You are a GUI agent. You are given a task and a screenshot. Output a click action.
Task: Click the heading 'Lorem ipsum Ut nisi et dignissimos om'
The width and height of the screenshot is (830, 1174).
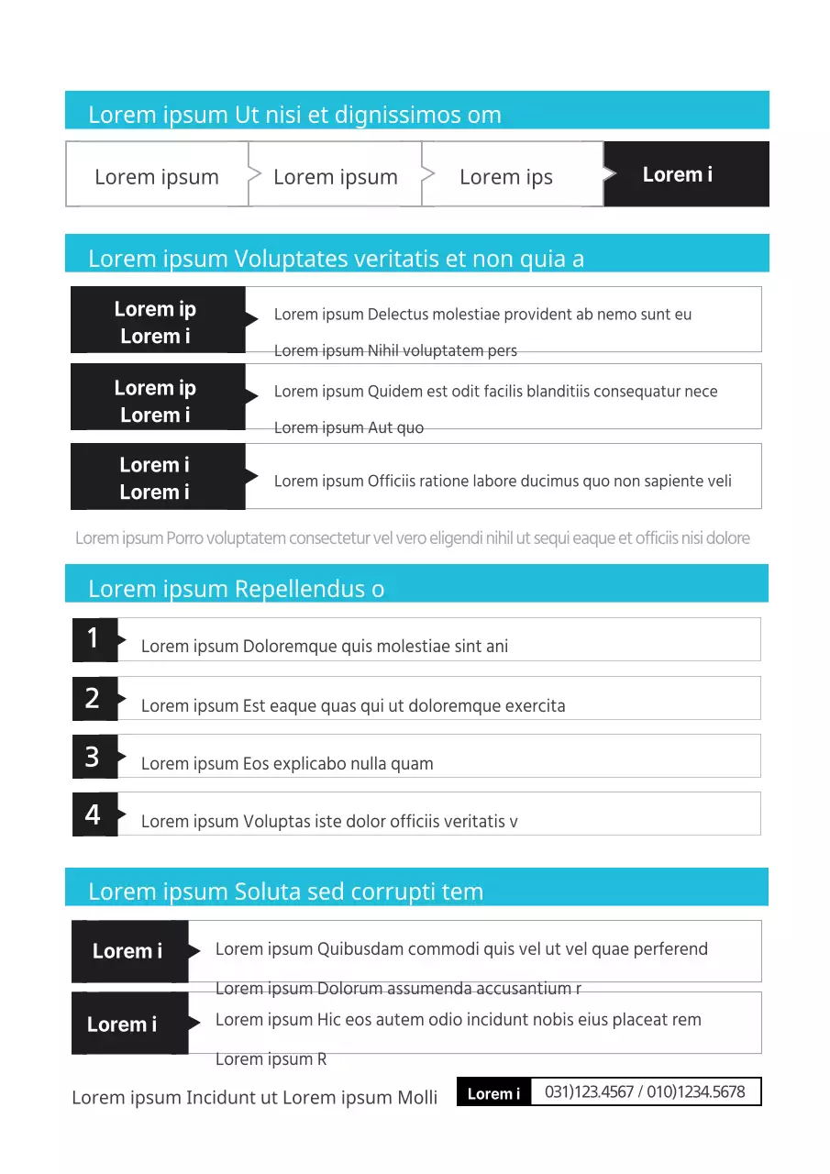coord(294,115)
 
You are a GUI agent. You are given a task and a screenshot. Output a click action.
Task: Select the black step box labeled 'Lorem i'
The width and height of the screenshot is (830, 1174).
coord(685,174)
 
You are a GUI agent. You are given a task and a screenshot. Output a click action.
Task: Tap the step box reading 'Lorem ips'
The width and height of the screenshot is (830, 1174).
coord(506,177)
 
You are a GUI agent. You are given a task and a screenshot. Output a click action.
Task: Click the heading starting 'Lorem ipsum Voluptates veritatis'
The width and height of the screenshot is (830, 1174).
coord(336,259)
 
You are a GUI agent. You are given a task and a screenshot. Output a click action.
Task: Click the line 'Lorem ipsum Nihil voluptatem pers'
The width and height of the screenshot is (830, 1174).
coord(395,350)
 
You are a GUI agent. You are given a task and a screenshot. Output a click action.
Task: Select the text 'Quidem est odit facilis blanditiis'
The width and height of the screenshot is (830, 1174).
coord(495,392)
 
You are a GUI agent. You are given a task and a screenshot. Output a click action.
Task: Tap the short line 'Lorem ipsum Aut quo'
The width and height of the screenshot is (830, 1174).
coord(349,427)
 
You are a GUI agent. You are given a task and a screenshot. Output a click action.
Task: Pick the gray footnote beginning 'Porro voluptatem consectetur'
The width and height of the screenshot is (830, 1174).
coord(412,537)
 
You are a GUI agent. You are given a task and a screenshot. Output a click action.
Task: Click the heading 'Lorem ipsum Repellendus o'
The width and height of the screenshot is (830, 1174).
coord(236,589)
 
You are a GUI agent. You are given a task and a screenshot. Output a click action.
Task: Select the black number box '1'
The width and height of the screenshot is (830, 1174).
coord(94,638)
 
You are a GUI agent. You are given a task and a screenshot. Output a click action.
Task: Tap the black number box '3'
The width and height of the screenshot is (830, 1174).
coord(94,757)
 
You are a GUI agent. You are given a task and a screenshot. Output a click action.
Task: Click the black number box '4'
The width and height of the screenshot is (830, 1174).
coord(94,814)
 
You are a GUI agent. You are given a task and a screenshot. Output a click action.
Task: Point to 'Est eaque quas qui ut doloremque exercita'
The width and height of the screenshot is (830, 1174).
coord(353,705)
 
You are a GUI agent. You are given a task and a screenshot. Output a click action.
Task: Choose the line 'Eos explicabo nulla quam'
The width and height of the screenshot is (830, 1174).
coord(287,763)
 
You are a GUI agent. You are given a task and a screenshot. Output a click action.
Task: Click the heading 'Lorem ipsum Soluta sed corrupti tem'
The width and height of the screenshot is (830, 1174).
coord(285,892)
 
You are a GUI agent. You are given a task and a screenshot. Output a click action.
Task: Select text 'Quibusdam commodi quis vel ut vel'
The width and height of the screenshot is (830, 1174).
coord(461,948)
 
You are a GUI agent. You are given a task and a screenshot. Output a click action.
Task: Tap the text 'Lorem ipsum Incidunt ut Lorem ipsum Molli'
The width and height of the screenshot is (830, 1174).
coord(254,1097)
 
